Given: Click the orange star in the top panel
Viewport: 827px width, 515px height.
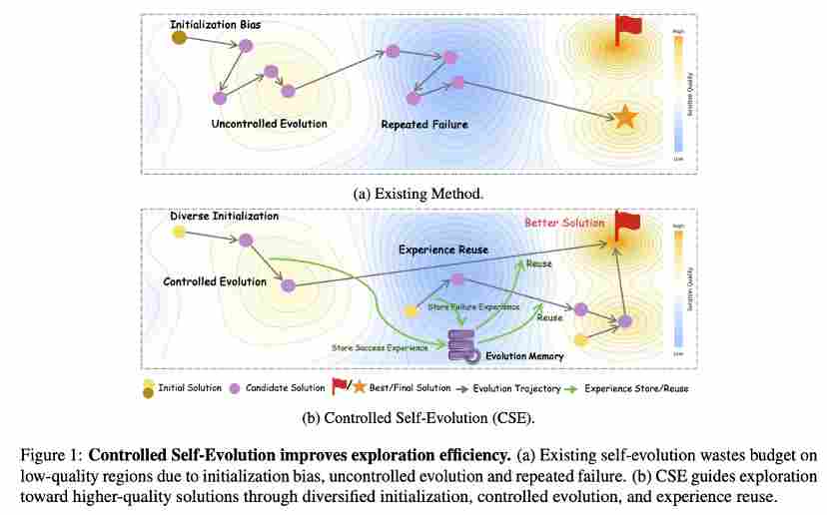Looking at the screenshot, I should click(x=625, y=118).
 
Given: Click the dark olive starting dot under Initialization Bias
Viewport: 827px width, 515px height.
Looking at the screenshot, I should click(x=179, y=38).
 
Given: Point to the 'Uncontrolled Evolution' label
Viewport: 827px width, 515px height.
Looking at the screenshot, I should click(x=269, y=124).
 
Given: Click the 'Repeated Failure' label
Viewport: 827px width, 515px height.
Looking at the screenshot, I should click(x=424, y=125).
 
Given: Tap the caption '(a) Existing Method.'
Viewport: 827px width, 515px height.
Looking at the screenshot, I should click(x=413, y=193).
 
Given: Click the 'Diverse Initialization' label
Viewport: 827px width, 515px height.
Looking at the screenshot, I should click(x=225, y=216).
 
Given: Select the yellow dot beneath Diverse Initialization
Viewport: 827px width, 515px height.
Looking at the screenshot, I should click(x=179, y=233).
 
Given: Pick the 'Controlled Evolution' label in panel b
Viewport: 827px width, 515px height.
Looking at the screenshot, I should click(x=215, y=281).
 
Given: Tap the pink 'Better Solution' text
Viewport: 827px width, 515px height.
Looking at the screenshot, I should click(x=565, y=223).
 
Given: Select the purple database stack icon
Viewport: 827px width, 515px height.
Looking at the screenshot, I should click(x=461, y=344).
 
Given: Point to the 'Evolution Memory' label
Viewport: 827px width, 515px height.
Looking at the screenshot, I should click(x=524, y=355).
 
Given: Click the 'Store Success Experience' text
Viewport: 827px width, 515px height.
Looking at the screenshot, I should click(x=380, y=347).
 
